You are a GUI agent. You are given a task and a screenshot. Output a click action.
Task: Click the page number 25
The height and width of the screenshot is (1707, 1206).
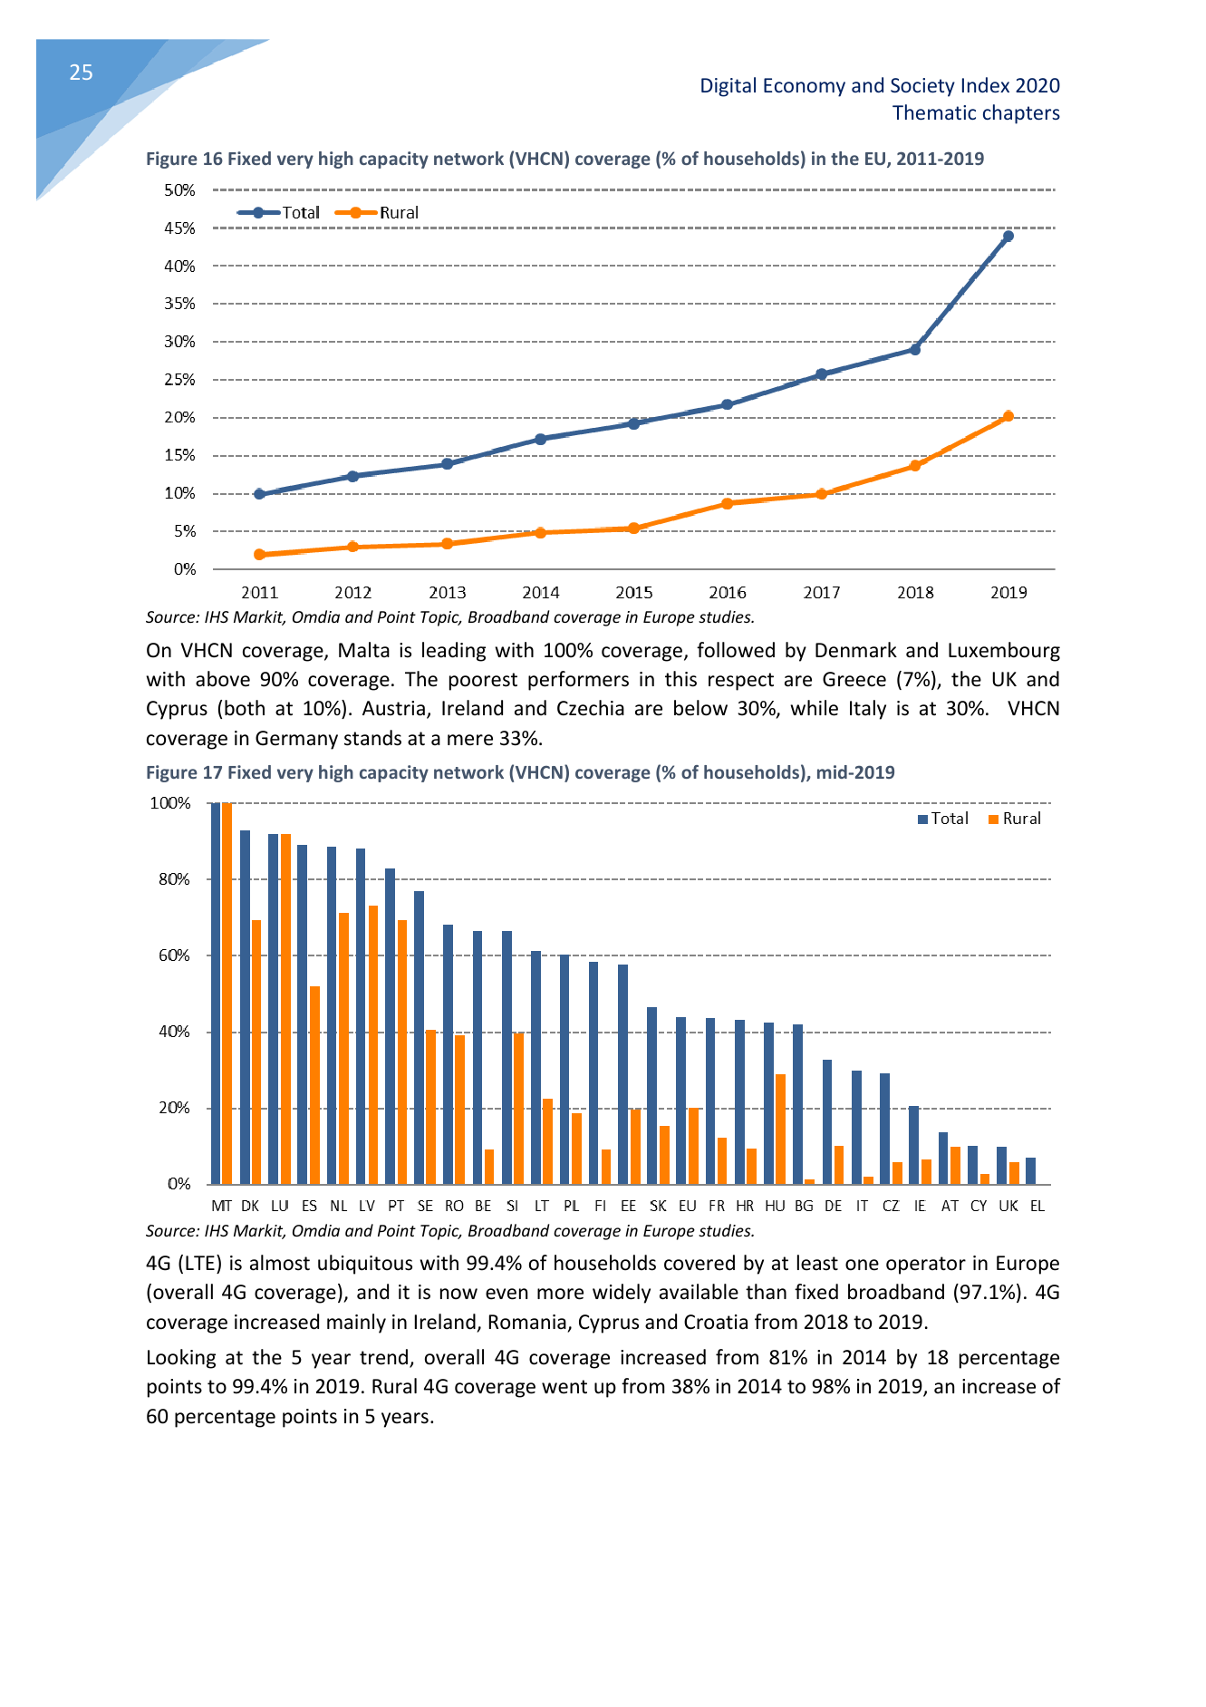[81, 73]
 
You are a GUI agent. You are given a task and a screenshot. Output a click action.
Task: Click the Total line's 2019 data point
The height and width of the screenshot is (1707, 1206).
[1008, 237]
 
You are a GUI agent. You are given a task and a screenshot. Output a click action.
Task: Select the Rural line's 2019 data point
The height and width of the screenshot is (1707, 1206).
[1008, 416]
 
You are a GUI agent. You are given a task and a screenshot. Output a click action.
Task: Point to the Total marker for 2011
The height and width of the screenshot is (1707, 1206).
[260, 494]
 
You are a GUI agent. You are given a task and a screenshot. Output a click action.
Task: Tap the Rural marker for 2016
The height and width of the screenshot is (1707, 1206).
[728, 503]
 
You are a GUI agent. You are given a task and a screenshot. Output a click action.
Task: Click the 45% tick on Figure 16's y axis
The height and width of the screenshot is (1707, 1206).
[179, 228]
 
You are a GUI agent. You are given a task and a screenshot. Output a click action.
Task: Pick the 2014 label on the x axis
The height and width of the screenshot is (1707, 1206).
[541, 593]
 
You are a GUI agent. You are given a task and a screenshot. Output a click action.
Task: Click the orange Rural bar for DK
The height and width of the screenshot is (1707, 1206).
[256, 1052]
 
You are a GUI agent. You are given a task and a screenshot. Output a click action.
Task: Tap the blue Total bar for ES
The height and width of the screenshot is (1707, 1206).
[303, 1014]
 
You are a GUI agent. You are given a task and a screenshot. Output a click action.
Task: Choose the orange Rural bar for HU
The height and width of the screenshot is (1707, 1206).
[780, 1129]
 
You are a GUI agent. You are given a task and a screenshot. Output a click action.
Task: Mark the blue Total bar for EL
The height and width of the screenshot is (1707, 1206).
[1030, 1170]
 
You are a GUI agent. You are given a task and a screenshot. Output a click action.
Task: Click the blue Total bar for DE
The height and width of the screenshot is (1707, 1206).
[827, 1121]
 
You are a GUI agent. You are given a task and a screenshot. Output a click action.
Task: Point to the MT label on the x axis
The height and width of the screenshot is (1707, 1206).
[221, 1206]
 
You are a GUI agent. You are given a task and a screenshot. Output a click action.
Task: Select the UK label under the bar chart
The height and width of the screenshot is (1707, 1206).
[1008, 1206]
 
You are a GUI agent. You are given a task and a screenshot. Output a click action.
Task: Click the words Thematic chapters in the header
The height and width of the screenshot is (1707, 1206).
[976, 113]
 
